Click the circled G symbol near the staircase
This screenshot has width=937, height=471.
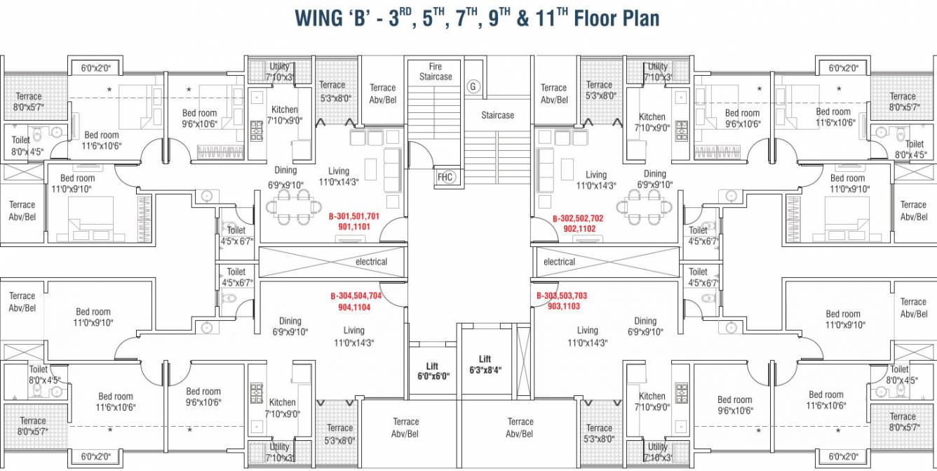(x=473, y=86)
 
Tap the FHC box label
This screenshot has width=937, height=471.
(x=445, y=177)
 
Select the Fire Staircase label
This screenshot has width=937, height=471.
(x=436, y=72)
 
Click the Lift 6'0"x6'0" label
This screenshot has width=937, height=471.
(x=433, y=371)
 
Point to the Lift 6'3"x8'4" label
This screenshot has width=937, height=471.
(x=485, y=365)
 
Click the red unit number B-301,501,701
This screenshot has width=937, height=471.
(x=354, y=216)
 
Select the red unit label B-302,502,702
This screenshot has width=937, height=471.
(x=578, y=218)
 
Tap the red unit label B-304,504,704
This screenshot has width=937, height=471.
(x=356, y=296)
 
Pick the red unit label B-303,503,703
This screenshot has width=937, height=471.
(x=562, y=296)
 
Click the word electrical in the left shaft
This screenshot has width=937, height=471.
(x=372, y=262)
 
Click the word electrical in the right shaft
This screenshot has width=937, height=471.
(x=559, y=262)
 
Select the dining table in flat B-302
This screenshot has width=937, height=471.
(x=644, y=207)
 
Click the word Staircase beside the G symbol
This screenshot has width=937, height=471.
(x=497, y=115)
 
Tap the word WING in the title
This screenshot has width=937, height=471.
(x=318, y=18)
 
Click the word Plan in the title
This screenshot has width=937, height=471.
(x=640, y=18)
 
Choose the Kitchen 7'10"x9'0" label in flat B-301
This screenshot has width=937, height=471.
(x=285, y=115)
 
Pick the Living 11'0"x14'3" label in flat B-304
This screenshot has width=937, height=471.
(x=354, y=337)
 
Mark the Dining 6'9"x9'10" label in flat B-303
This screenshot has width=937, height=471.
(x=645, y=326)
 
